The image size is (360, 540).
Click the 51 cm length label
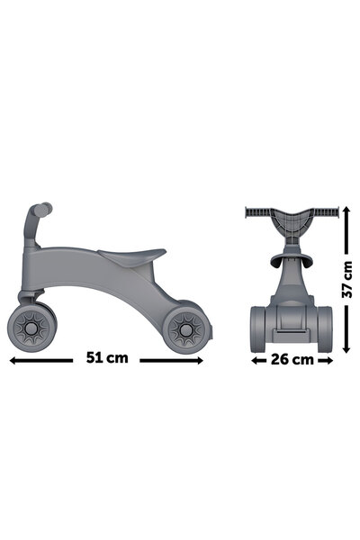click(x=107, y=357)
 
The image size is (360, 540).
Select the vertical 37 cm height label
click(x=346, y=280)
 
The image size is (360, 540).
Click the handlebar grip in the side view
click(x=38, y=212)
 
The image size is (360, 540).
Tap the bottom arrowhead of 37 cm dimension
click(x=346, y=346)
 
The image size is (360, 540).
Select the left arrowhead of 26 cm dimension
click(x=249, y=361)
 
